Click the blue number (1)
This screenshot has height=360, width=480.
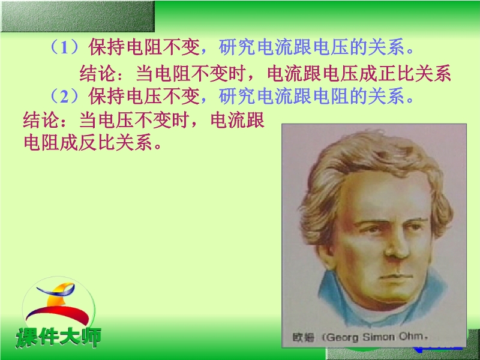tap(64, 47)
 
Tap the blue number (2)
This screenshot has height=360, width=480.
tap(64, 97)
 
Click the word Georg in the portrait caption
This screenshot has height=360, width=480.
tap(343, 337)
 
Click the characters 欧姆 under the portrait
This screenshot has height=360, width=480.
tap(304, 337)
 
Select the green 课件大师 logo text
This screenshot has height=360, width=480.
tap(58, 337)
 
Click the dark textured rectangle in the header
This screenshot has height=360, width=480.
tap(77, 16)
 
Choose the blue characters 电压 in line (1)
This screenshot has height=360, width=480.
tap(331, 47)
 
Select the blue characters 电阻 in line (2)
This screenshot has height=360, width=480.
tap(331, 97)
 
